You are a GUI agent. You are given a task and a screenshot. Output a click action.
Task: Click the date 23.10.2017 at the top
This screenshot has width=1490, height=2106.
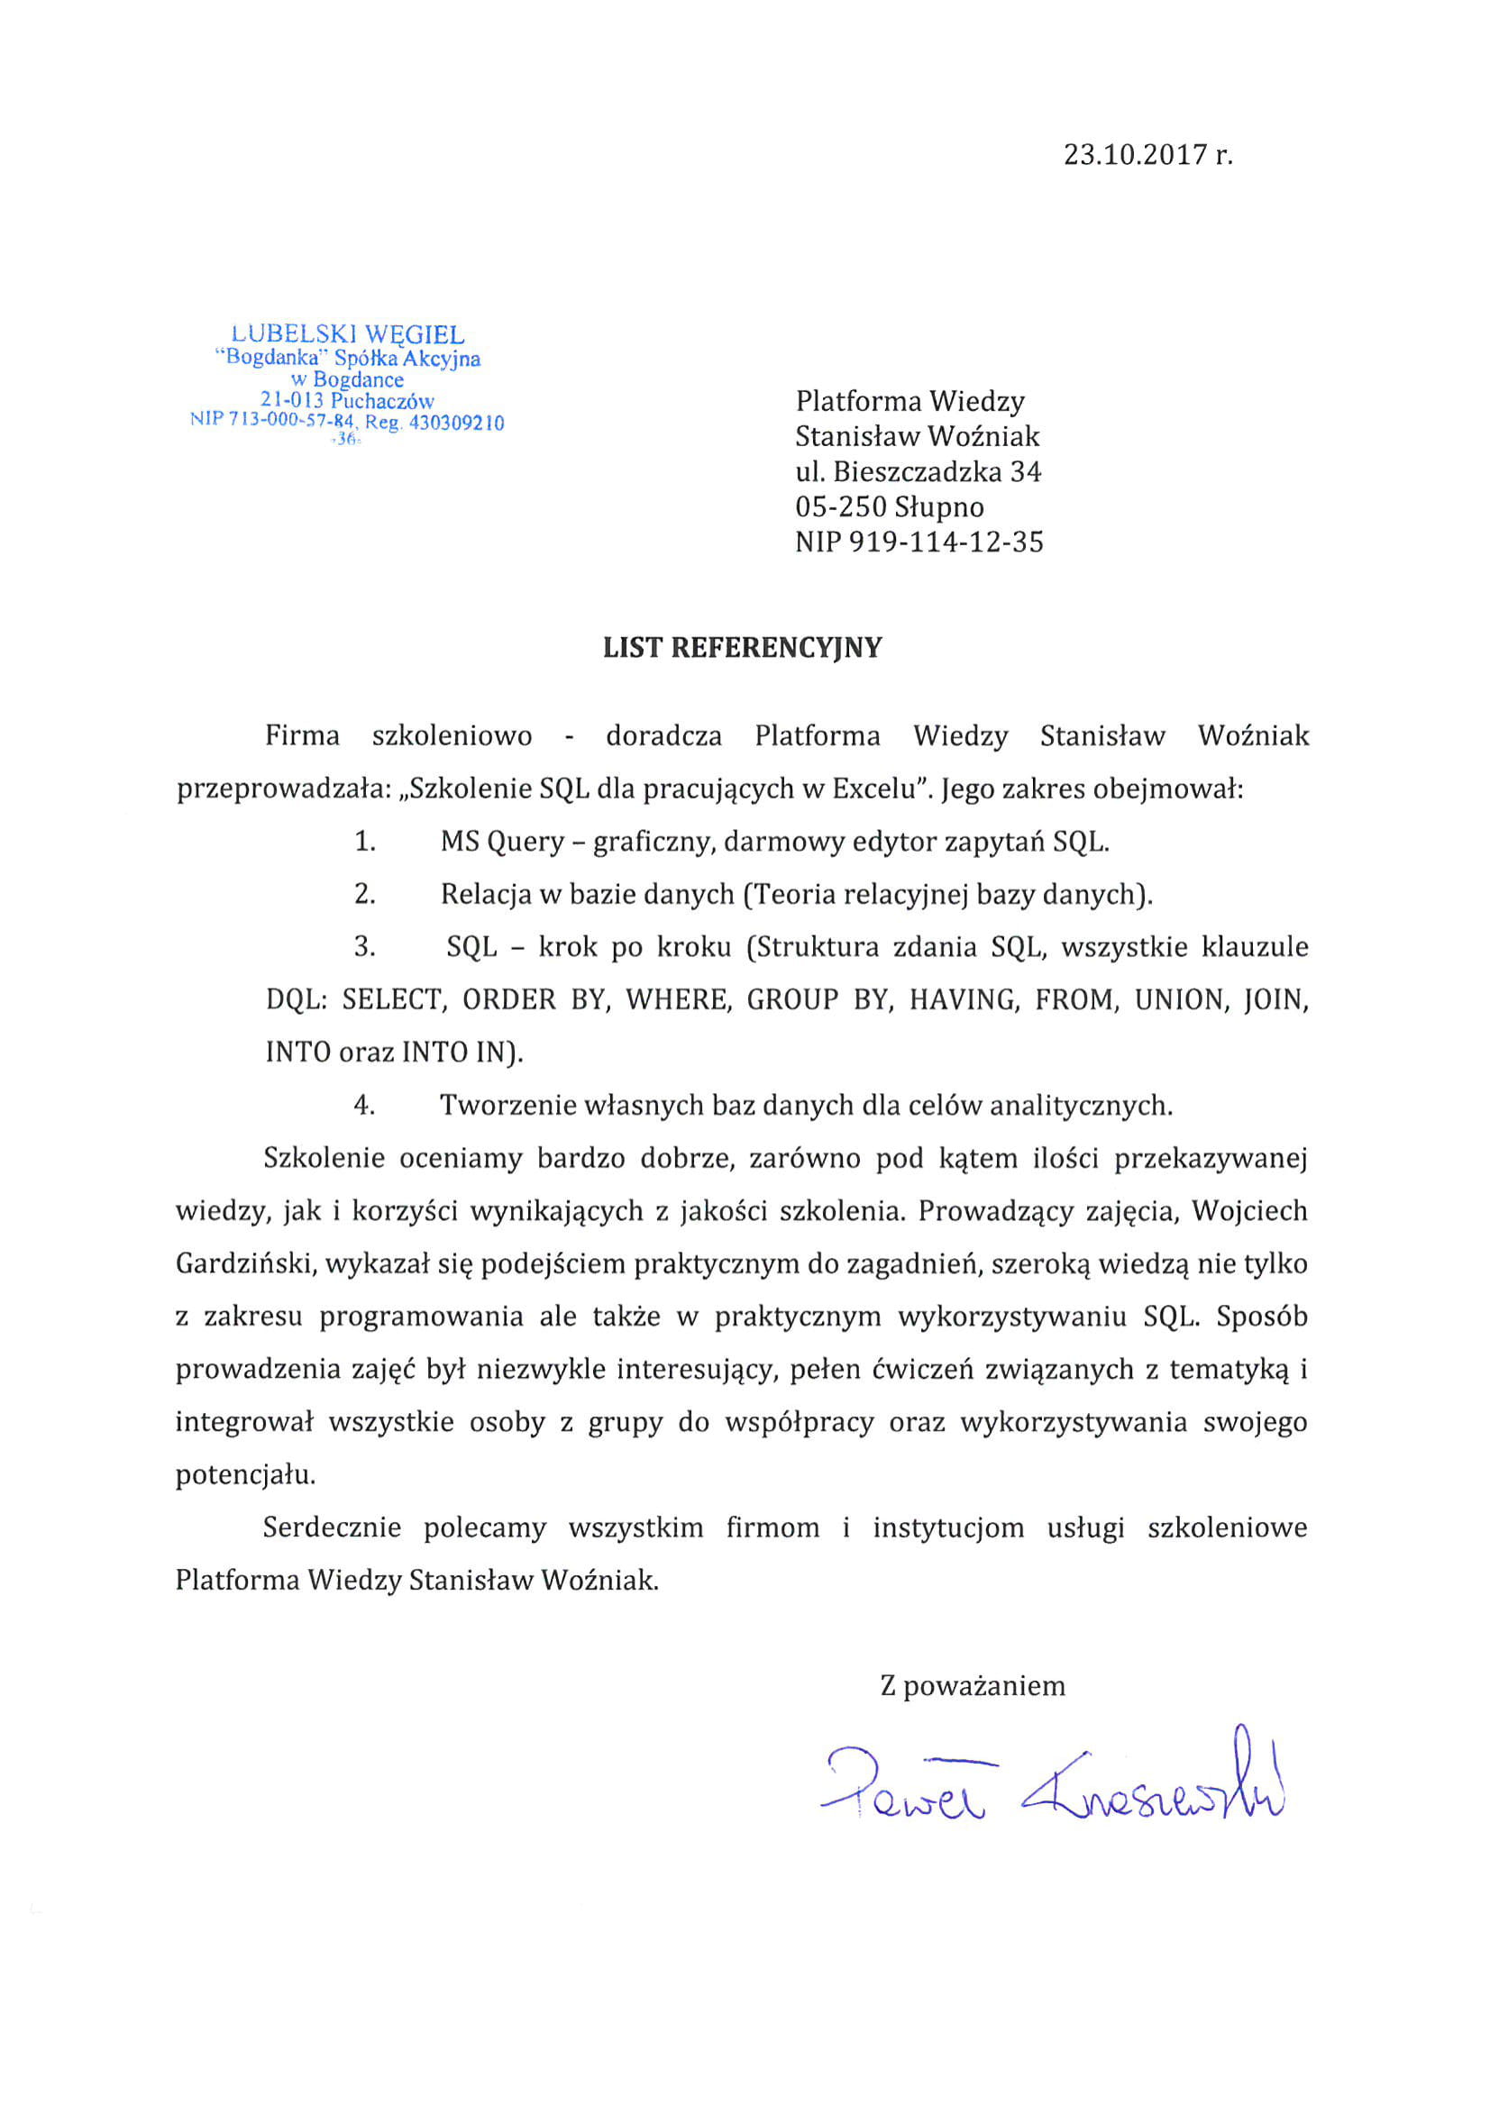point(1134,154)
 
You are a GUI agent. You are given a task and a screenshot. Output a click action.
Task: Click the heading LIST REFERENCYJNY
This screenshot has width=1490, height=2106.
point(742,648)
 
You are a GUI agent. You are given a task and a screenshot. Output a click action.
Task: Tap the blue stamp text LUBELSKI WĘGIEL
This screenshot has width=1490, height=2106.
point(348,335)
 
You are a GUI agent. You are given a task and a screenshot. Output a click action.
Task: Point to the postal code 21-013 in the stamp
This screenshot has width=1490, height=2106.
point(292,401)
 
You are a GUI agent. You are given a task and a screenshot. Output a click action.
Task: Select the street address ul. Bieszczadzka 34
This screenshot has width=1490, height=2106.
point(919,471)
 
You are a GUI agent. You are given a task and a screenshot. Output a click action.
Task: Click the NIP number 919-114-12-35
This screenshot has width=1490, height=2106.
point(946,542)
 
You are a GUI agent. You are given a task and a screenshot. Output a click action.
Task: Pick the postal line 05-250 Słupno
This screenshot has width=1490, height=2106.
point(889,507)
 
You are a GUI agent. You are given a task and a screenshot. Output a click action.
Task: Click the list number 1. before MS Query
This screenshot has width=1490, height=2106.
point(365,841)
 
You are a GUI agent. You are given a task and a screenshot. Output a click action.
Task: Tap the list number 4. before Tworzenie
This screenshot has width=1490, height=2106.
point(365,1106)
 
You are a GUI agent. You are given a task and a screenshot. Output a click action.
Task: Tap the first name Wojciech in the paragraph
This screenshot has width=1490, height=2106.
point(1249,1212)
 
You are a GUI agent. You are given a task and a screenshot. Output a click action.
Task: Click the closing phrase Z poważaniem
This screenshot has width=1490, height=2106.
point(973,1686)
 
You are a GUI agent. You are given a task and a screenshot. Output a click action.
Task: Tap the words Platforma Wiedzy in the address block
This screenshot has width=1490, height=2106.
point(910,401)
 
